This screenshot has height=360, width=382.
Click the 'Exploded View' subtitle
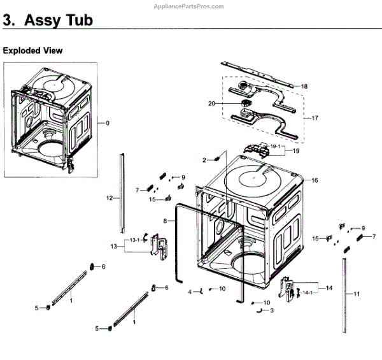coord(33,50)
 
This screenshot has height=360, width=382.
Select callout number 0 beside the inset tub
coord(108,123)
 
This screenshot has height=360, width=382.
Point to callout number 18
coord(304,86)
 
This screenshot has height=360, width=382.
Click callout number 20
coord(229,103)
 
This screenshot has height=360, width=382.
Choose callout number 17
coord(314,119)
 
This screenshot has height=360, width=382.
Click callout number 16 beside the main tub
coord(314,180)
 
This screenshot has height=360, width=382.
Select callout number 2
coord(205,159)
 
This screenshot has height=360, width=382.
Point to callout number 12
coord(109,198)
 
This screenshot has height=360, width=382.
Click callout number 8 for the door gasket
coord(164,220)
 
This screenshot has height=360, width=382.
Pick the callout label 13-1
coord(134,240)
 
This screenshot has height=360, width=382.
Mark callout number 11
coord(357,294)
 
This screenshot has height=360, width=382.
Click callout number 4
coord(190,292)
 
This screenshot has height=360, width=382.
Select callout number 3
coord(272,310)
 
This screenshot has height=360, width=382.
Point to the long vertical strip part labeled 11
coord(344,293)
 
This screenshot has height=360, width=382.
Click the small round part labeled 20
coord(244,103)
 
